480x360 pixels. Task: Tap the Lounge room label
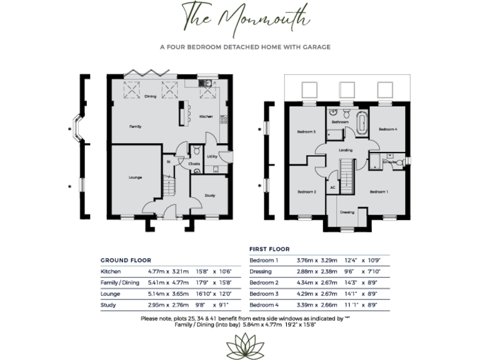(136, 178)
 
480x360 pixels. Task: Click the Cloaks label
(194, 164)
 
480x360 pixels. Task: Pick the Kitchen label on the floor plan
(206, 117)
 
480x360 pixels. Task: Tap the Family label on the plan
(135, 127)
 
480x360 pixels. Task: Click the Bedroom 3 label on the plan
(306, 132)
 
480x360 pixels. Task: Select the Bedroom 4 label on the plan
(387, 129)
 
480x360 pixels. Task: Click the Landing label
(344, 151)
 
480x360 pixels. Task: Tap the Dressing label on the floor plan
(347, 212)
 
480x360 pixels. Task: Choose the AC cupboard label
(332, 187)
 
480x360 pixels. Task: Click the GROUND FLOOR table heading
(126, 260)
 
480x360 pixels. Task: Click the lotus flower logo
(240, 343)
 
